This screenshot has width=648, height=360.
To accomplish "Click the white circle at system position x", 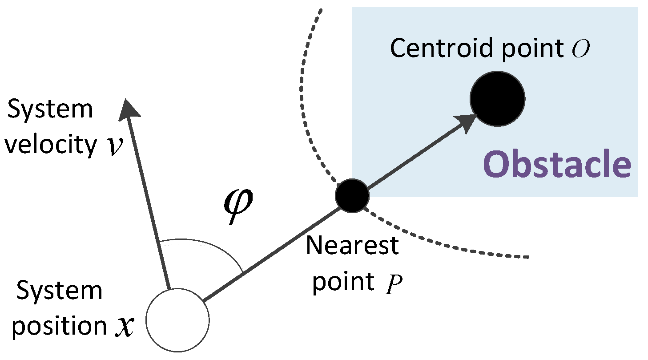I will [x=177, y=320].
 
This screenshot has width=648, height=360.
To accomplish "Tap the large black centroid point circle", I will [x=497, y=98].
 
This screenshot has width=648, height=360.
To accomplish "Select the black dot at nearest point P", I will [x=352, y=195].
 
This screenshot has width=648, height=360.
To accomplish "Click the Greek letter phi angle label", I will [x=237, y=203].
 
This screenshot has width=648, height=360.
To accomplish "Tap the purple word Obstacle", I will [x=557, y=164].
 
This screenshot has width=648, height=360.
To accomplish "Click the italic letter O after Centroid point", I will [x=581, y=49].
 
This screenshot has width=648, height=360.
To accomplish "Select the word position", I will [x=60, y=327].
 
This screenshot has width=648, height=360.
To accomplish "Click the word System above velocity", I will [x=51, y=109].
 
